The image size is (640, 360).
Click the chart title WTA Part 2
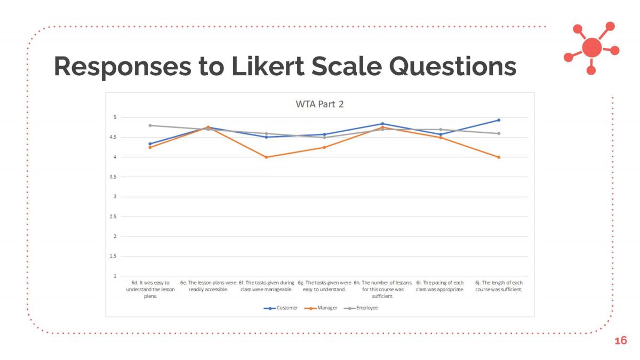(319, 104)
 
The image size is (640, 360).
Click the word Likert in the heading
(268, 66)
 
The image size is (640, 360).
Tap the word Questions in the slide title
(453, 66)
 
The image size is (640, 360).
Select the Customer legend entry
(281, 308)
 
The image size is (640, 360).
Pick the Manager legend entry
(321, 308)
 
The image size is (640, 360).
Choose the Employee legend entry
(361, 308)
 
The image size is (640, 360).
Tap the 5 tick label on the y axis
(115, 117)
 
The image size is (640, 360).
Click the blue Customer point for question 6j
(499, 120)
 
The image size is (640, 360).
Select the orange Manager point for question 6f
(266, 157)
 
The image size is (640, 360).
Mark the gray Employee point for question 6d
(150, 125)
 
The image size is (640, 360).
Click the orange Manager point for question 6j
(499, 157)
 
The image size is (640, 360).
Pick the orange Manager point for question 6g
(324, 147)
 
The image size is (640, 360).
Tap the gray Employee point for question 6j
(499, 133)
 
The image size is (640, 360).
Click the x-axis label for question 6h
(382, 290)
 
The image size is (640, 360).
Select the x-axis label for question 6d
(150, 290)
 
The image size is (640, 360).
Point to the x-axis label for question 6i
(440, 286)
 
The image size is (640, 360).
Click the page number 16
(621, 341)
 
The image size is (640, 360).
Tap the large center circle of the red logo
(591, 47)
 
